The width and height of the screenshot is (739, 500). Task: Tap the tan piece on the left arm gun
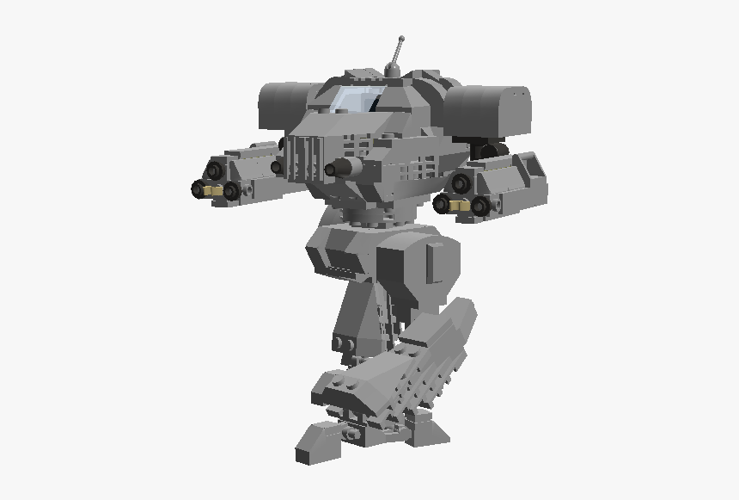pos(214,189)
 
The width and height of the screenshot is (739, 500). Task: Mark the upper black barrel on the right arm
pos(461,182)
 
